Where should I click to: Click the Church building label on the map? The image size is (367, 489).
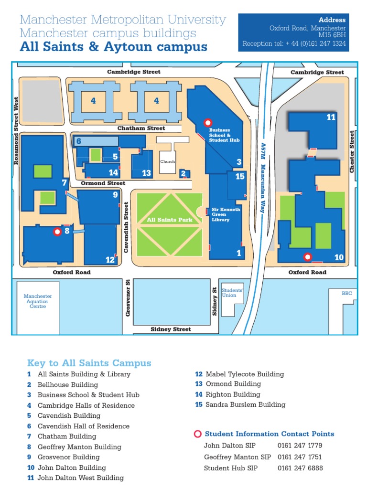pyautogui.click(x=168, y=161)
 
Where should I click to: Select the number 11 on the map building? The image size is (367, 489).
pyautogui.click(x=331, y=117)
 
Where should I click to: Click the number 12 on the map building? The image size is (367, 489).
pyautogui.click(x=110, y=260)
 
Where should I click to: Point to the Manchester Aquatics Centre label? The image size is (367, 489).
pyautogui.click(x=38, y=301)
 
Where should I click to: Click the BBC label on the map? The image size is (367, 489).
pyautogui.click(x=346, y=293)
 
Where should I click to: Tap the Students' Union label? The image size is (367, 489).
pyautogui.click(x=233, y=293)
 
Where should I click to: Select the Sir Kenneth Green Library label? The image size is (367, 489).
pyautogui.click(x=226, y=215)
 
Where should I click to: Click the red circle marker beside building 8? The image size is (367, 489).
pyautogui.click(x=57, y=232)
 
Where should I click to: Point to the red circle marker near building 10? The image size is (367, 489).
pyautogui.click(x=308, y=257)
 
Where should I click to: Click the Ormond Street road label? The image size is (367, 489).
pyautogui.click(x=103, y=183)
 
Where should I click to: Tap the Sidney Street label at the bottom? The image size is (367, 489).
pyautogui.click(x=171, y=329)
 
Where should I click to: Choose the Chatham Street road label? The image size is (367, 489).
pyautogui.click(x=141, y=128)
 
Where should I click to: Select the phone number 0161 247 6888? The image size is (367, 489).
pyautogui.click(x=300, y=468)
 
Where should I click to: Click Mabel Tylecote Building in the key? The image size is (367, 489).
pyautogui.click(x=245, y=374)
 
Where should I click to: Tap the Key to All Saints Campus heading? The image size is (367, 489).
pyautogui.click(x=89, y=363)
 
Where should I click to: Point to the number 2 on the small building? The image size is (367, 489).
pyautogui.click(x=183, y=173)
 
